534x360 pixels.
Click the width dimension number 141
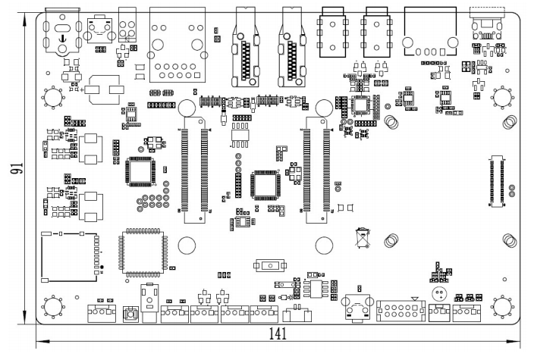[279, 334]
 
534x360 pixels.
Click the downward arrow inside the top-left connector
[61, 37]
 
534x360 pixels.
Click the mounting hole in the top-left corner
[53, 97]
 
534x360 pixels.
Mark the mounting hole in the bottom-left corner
[53, 306]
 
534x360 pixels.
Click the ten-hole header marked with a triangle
[400, 311]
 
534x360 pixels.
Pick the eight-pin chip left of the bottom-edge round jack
[314, 288]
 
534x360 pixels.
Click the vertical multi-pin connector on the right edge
[498, 180]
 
